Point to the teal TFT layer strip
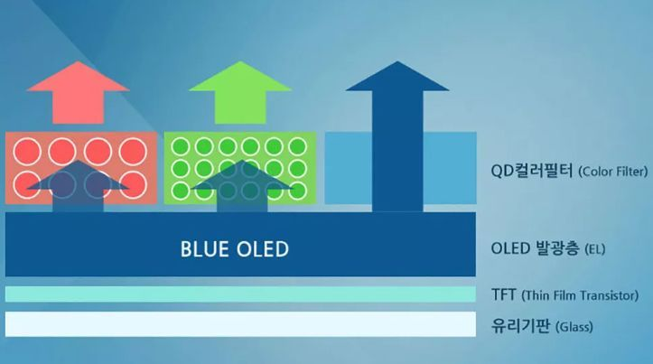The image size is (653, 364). [240, 294]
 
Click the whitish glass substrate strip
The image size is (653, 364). [240, 323]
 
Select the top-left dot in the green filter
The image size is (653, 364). [180, 145]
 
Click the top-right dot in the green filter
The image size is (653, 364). [299, 145]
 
